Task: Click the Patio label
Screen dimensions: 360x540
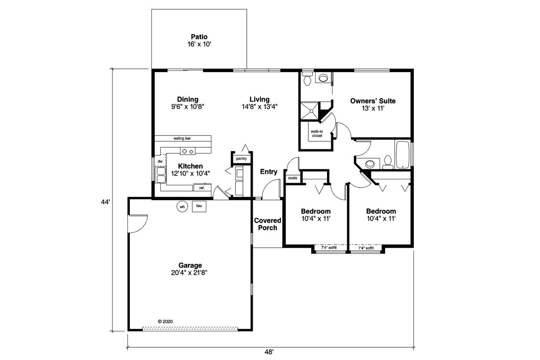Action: point(199,37)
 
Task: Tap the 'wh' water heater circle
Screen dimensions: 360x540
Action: point(182,207)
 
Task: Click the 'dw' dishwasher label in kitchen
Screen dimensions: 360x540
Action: point(160,161)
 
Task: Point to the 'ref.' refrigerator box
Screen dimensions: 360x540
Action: point(202,188)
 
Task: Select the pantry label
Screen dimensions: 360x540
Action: point(241,159)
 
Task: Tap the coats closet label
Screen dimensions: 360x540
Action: point(292,178)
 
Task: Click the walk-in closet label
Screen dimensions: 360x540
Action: point(317,133)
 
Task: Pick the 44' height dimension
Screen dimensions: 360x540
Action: point(105,202)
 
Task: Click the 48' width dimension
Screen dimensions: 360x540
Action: point(270,352)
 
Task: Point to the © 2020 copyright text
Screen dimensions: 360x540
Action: point(165,321)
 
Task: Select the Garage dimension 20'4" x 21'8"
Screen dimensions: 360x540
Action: point(190,273)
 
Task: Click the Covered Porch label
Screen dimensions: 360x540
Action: point(267,224)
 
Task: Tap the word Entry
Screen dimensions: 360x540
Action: point(269,172)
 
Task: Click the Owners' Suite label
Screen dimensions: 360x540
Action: point(373,101)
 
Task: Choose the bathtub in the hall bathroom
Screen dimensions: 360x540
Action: point(402,154)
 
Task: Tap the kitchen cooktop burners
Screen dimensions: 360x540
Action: point(187,151)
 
